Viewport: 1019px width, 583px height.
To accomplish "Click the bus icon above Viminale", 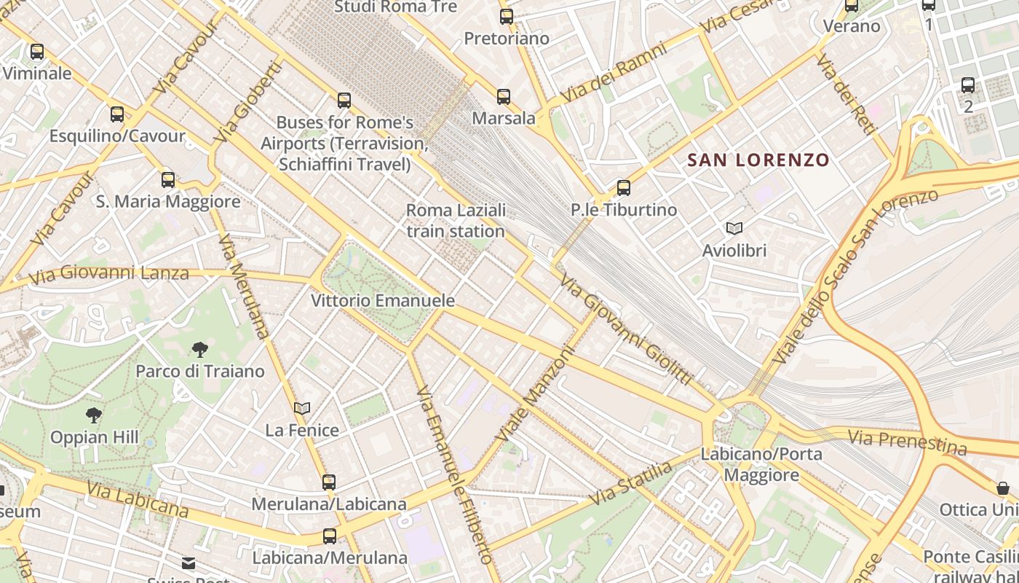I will coord(37,52).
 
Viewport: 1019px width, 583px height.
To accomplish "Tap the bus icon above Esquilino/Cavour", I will coord(117,114).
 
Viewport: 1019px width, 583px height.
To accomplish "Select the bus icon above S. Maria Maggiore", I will coord(168,179).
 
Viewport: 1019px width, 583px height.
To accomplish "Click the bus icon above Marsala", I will coord(503,96).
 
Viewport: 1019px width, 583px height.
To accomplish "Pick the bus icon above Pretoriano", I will coord(507,16).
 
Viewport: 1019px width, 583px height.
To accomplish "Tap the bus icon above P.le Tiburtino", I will coord(624,188).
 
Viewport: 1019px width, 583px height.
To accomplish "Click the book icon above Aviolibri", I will coord(734,229).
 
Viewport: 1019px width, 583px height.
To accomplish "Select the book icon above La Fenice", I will coord(302,409).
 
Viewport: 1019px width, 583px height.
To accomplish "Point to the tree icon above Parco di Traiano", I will coord(200,350).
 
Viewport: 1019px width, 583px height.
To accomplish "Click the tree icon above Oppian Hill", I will coord(93,415).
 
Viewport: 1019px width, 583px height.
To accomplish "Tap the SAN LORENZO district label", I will coord(758,160).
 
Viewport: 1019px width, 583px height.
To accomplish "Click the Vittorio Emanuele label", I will coord(383,300).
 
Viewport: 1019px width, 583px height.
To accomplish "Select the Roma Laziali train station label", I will coord(456,221).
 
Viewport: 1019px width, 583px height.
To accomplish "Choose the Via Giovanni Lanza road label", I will coord(109,274).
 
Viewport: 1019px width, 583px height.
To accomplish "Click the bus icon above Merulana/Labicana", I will coord(329,482).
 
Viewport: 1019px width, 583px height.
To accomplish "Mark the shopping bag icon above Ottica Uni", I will coord(1003,488).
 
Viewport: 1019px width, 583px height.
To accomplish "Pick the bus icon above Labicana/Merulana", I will coord(330,536).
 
